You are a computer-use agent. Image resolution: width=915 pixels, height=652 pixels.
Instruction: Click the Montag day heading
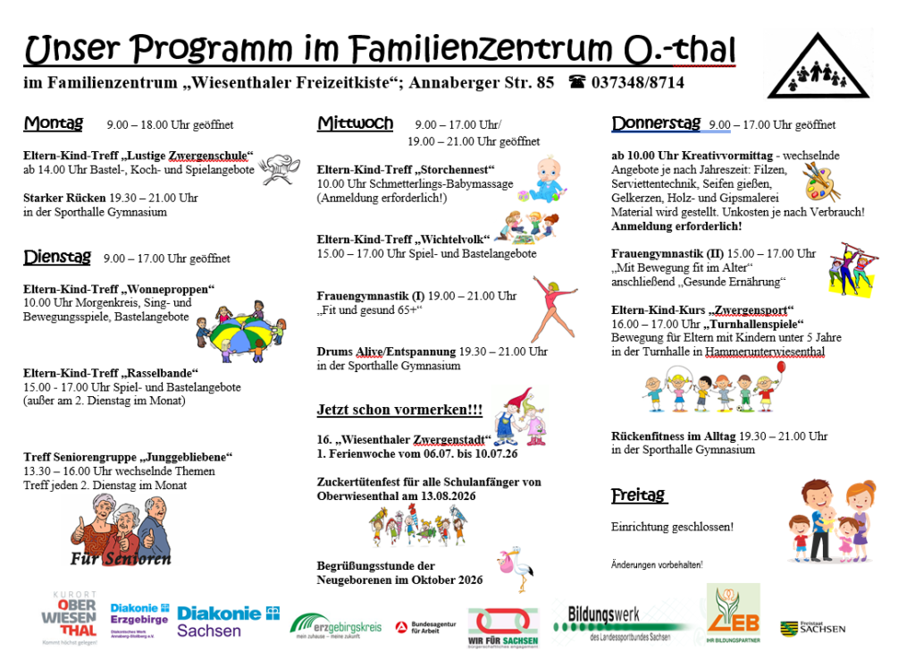[x=53, y=123]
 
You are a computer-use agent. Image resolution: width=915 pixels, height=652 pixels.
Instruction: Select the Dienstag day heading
[x=57, y=258]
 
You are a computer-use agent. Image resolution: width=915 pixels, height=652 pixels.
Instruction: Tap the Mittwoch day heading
[x=355, y=123]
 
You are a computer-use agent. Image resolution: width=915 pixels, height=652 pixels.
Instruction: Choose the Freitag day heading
[x=639, y=495]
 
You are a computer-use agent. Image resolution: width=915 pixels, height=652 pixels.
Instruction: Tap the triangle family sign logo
[x=818, y=67]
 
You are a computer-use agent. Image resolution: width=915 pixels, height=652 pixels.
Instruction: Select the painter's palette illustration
[x=821, y=182]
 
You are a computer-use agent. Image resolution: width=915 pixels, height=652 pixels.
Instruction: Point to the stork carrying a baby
[x=515, y=569]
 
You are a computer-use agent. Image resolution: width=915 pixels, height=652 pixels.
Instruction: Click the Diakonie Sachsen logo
[x=228, y=621]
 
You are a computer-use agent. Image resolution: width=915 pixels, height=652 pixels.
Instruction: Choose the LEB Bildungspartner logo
[x=733, y=614]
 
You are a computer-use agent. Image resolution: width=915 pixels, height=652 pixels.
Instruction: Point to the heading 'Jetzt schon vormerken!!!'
[x=399, y=411]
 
